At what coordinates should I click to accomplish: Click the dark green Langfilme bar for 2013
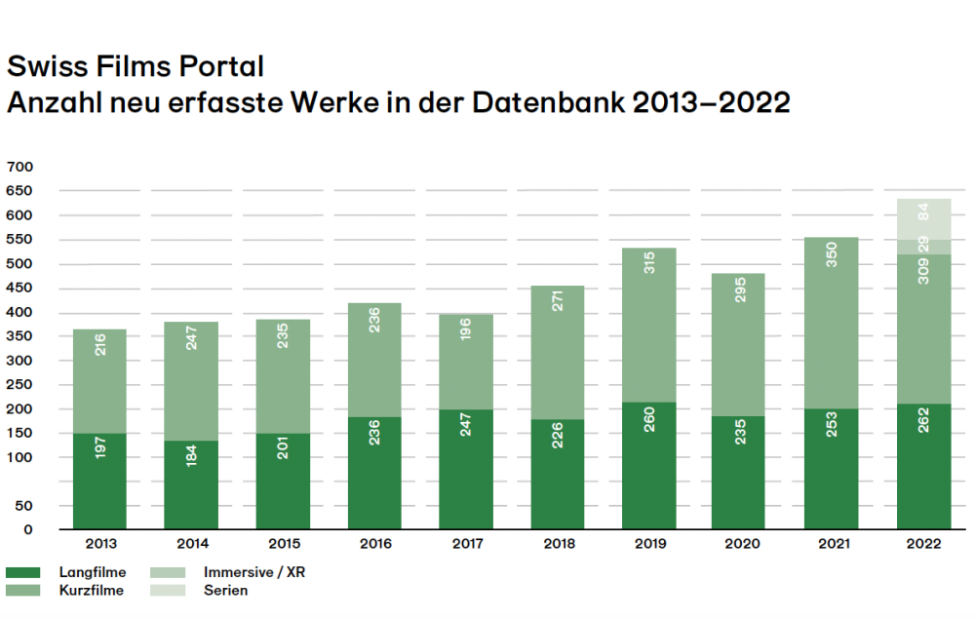click(x=98, y=481)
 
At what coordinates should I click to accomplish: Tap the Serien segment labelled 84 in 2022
click(x=923, y=218)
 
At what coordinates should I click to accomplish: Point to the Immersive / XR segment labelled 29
click(x=923, y=247)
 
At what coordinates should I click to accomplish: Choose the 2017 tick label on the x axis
click(x=465, y=544)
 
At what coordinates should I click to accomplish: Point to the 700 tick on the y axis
click(x=19, y=167)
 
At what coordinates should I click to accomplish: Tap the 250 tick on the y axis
click(x=19, y=384)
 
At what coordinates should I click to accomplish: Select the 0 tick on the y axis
click(x=27, y=529)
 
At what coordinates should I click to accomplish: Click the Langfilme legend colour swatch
click(x=22, y=573)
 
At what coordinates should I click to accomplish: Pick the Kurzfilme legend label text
click(x=92, y=591)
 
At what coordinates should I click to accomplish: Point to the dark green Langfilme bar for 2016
click(x=374, y=473)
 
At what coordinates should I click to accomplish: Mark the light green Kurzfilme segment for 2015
click(x=283, y=376)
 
